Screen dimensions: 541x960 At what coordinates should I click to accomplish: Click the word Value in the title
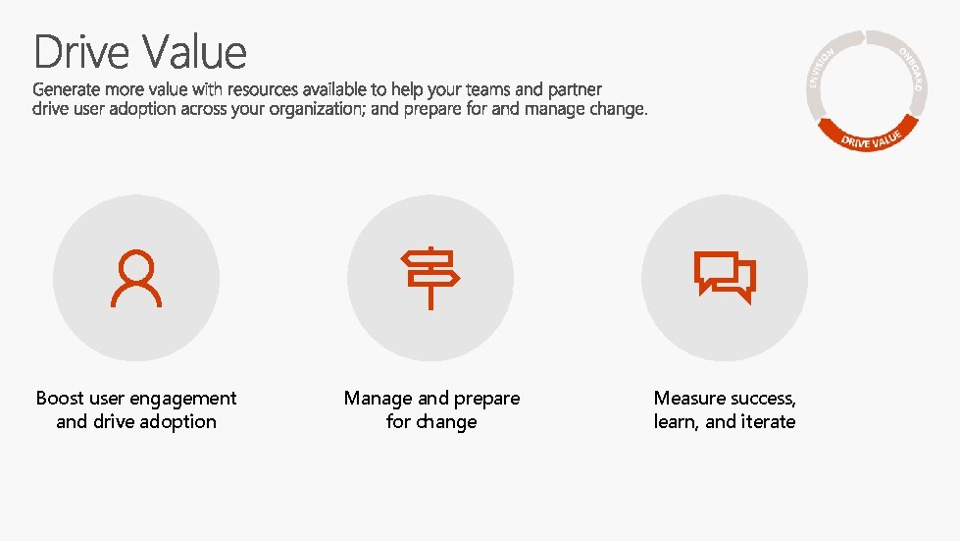click(193, 52)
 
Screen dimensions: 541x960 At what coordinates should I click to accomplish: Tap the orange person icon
click(136, 279)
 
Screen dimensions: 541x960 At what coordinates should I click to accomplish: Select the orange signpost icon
click(429, 279)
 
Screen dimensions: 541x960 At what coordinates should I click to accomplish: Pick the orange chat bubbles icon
click(725, 278)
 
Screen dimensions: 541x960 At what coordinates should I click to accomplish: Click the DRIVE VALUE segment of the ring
click(872, 137)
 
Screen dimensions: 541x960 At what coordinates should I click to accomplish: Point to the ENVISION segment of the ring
click(822, 69)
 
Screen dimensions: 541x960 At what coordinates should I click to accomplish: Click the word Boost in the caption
click(60, 399)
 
